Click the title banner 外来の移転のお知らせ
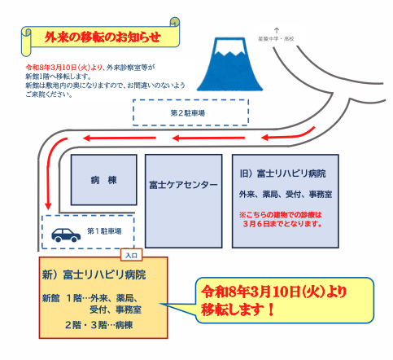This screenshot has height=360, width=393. point(98,37)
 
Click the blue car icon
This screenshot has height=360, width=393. point(63,235)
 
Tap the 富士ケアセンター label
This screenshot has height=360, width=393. point(183,185)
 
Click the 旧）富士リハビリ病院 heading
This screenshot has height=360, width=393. point(283,173)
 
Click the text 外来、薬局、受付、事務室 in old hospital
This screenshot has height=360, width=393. point(285,195)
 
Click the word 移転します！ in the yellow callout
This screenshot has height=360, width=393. point(238,310)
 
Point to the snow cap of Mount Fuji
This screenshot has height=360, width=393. point(229,46)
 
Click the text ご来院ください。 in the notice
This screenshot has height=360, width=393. point(48,94)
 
